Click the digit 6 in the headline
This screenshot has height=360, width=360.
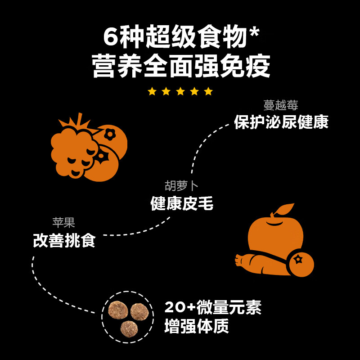(x=110, y=37)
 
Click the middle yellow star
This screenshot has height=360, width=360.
(x=180, y=91)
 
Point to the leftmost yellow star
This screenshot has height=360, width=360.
(x=152, y=91)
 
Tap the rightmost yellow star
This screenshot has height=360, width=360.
(x=208, y=91)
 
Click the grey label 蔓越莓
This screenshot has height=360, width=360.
(x=281, y=105)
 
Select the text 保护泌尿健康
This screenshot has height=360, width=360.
(x=281, y=122)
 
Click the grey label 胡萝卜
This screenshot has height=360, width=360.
(x=182, y=186)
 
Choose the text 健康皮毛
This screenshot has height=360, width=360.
(x=182, y=203)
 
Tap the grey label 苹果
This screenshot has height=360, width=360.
(x=63, y=222)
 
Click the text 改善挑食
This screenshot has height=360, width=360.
(x=64, y=240)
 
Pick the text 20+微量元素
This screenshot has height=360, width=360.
(x=213, y=307)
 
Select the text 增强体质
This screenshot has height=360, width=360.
(x=197, y=326)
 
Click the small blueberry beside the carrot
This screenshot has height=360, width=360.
(x=300, y=263)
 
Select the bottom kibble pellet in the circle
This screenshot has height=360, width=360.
(x=129, y=328)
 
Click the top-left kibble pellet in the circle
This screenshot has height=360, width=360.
(x=118, y=310)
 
